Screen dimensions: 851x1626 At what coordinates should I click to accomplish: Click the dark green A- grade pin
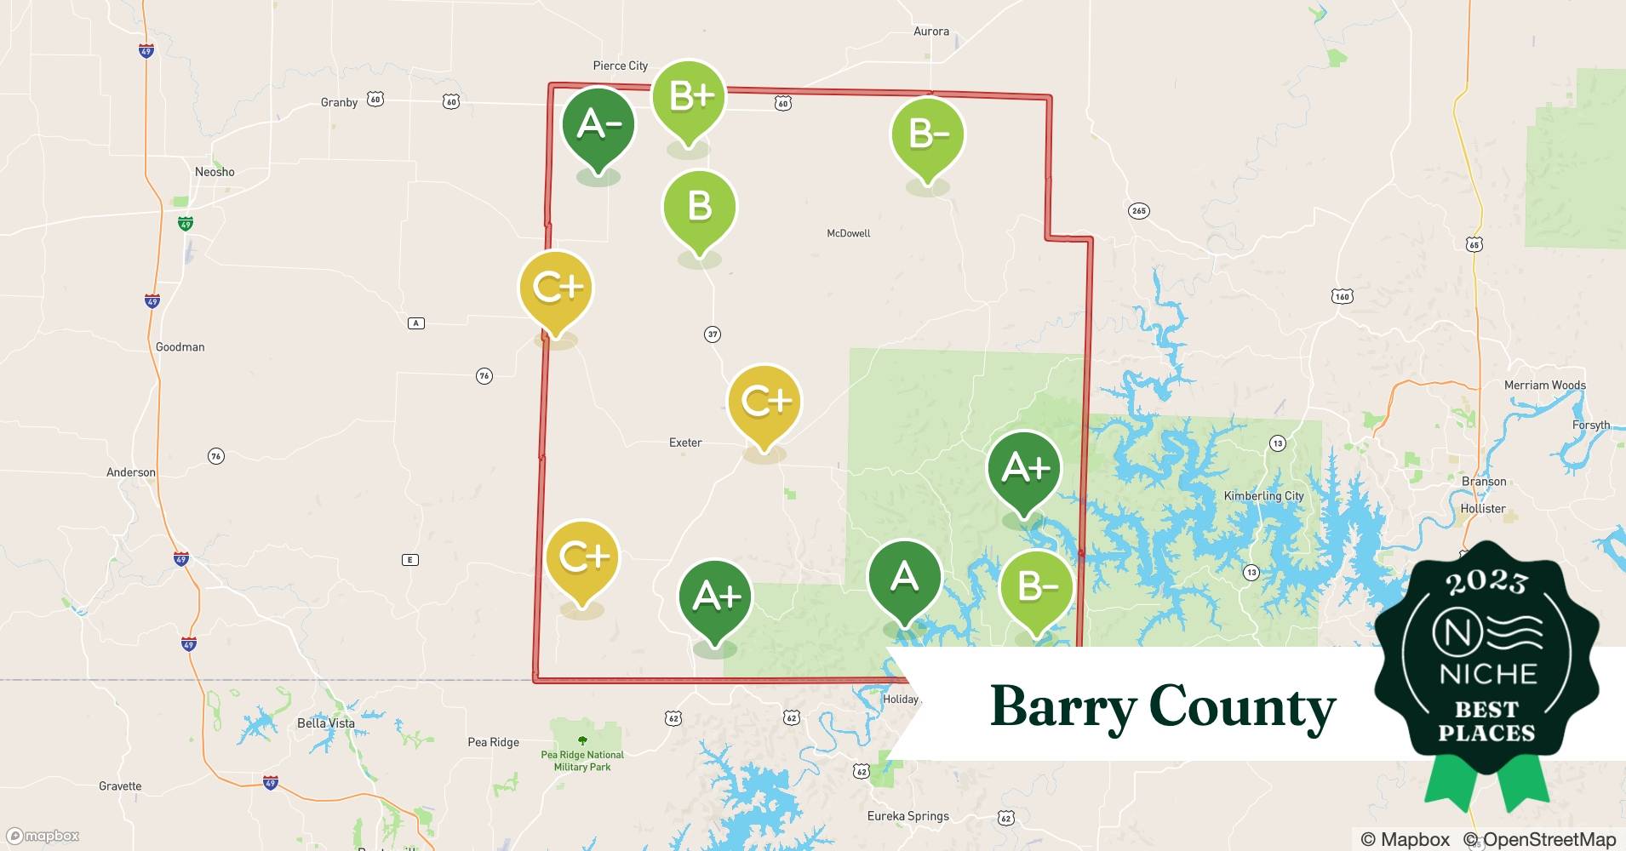pyautogui.click(x=598, y=125)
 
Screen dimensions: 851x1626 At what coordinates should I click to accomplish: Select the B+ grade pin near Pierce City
pyautogui.click(x=689, y=97)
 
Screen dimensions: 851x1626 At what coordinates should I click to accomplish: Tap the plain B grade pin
pyautogui.click(x=699, y=207)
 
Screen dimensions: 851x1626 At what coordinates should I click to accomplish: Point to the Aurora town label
pyautogui.click(x=930, y=31)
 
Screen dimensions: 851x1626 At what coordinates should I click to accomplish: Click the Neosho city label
pyautogui.click(x=215, y=172)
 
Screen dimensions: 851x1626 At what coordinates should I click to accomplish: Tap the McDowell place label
pyautogui.click(x=848, y=233)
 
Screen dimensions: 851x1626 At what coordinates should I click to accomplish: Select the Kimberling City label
pyautogui.click(x=1263, y=496)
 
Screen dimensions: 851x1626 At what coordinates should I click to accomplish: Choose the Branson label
pyautogui.click(x=1484, y=482)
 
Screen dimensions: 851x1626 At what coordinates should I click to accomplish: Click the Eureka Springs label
pyautogui.click(x=907, y=816)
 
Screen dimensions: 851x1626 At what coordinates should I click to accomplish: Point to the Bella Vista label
pyautogui.click(x=326, y=723)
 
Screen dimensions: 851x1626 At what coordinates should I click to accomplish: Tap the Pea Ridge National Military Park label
pyautogui.click(x=582, y=761)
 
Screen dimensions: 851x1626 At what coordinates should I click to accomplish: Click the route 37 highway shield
pyautogui.click(x=713, y=334)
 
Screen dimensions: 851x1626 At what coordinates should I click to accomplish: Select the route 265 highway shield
pyautogui.click(x=1138, y=211)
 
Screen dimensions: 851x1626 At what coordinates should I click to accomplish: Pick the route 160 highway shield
pyautogui.click(x=1342, y=296)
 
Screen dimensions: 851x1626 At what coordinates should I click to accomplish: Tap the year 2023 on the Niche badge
pyautogui.click(x=1486, y=581)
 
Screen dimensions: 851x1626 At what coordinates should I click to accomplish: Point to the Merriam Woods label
pyautogui.click(x=1544, y=386)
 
